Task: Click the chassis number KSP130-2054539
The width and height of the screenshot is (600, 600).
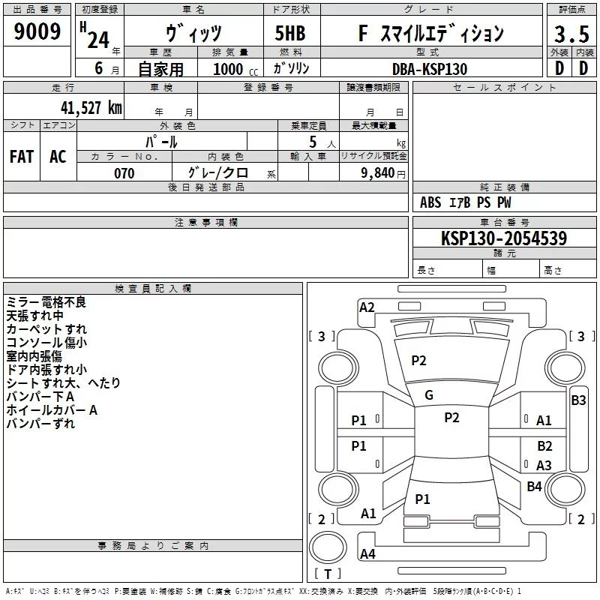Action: tap(503, 238)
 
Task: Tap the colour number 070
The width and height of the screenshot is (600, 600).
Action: tap(124, 173)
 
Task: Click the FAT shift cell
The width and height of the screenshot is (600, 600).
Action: tap(22, 156)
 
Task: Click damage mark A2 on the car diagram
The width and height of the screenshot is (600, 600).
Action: tap(367, 307)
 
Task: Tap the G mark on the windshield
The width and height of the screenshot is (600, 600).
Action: tap(429, 395)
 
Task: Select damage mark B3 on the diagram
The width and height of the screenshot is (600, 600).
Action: tap(578, 400)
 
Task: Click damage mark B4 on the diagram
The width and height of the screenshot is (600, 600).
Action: tap(534, 487)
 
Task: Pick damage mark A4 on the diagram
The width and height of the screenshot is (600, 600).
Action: tap(367, 554)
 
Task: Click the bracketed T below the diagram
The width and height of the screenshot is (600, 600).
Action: tap(327, 574)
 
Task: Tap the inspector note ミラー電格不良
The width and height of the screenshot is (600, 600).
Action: tap(46, 302)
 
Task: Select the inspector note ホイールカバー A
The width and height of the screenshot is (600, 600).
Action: tap(52, 410)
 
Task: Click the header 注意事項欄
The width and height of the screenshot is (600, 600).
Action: tap(206, 223)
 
